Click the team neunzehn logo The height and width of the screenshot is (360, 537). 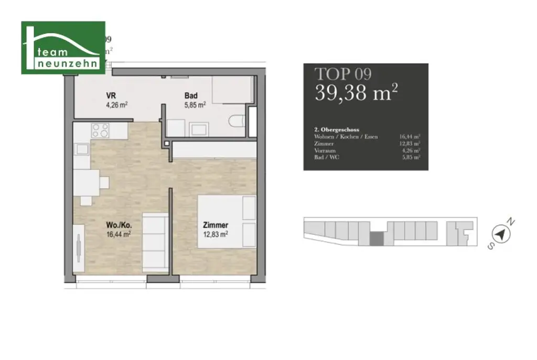[x=63, y=48]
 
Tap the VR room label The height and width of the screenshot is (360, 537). [x=111, y=96]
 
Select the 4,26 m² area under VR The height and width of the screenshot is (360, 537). [x=116, y=104]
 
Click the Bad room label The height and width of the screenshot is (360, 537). [x=190, y=96]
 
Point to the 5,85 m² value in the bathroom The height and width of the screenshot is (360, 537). [x=195, y=104]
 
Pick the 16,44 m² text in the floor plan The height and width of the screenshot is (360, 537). [x=119, y=234]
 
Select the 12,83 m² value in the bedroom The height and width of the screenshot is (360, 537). [x=215, y=234]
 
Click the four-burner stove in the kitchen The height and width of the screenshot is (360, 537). [x=100, y=130]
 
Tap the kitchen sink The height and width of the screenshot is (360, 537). [x=82, y=149]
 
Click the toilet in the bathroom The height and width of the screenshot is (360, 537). [x=237, y=120]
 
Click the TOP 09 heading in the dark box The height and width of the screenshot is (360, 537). [x=342, y=74]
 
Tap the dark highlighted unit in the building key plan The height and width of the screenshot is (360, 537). [x=376, y=239]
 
